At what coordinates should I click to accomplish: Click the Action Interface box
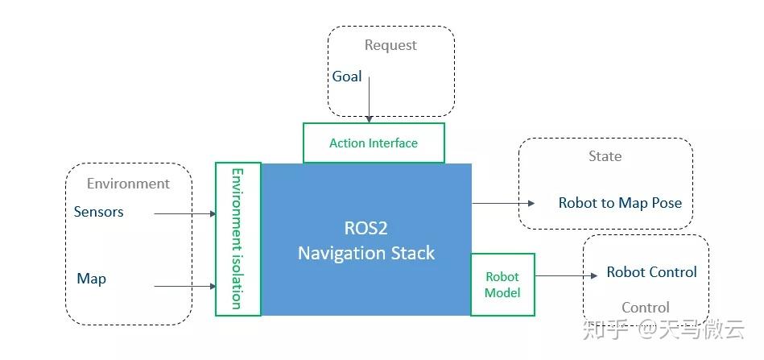pos(374,143)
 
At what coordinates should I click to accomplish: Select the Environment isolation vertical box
pos(237,238)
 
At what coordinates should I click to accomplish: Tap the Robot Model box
pos(502,284)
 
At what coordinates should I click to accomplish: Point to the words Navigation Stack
pos(366,253)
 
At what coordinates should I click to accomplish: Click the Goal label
pos(347,77)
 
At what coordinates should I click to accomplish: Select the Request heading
pos(390,45)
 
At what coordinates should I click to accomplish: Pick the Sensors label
pos(98,212)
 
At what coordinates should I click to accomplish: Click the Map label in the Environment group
pos(91,279)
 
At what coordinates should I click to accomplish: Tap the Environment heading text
pos(128,184)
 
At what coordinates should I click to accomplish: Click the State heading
pos(605,156)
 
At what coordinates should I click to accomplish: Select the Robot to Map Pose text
pos(620,203)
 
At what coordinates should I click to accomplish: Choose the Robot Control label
pos(651,272)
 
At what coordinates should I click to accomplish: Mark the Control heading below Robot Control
pos(645,308)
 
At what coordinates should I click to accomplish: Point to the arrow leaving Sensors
pos(184,213)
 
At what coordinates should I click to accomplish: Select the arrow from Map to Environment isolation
pos(184,286)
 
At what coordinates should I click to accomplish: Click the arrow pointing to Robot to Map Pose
pos(503,203)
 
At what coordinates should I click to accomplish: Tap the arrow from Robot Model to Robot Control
pos(564,275)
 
